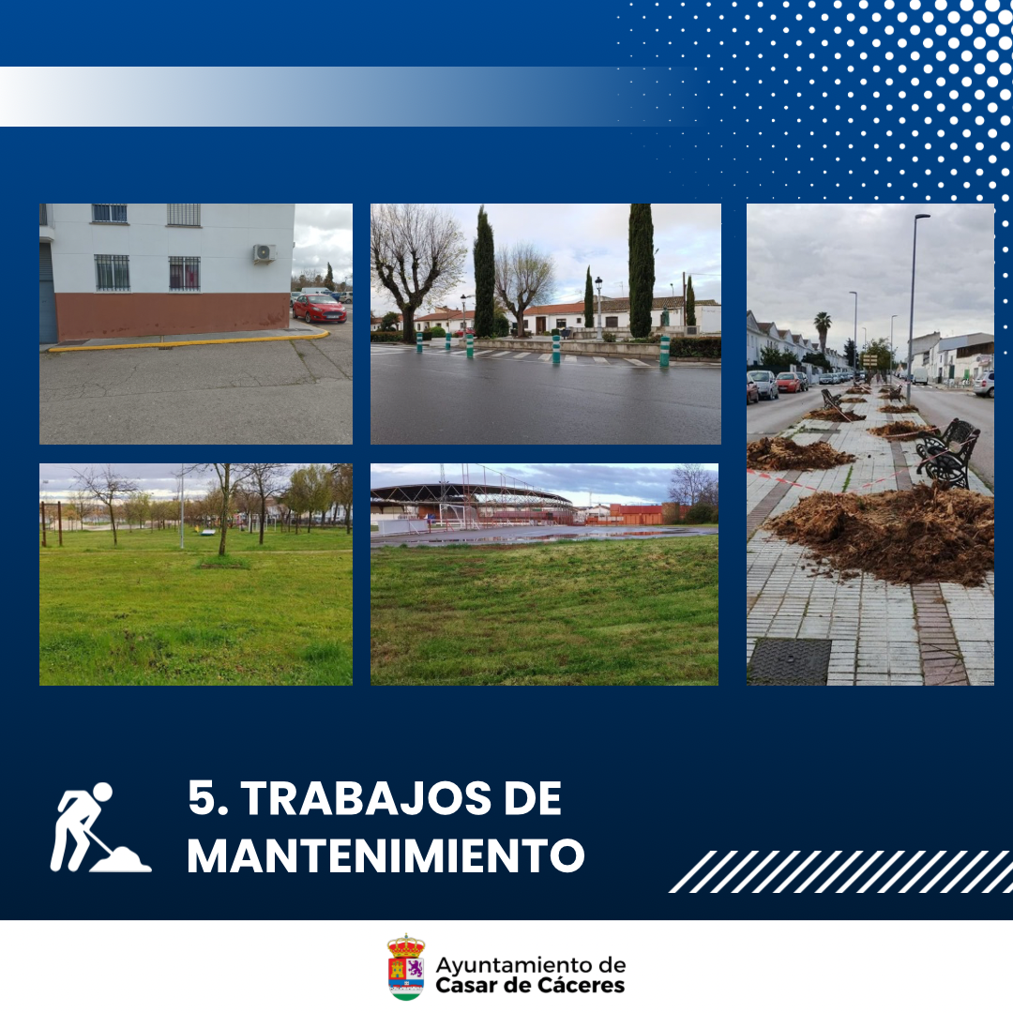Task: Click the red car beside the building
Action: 319,309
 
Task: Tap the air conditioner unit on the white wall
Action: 265,254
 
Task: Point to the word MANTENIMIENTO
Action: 386,856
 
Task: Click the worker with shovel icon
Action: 99,827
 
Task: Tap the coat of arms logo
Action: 406,967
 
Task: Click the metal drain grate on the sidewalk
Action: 789,661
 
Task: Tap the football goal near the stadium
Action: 458,516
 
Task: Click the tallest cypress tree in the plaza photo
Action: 641,271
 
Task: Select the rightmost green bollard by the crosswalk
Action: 664,352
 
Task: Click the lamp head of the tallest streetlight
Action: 923,217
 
